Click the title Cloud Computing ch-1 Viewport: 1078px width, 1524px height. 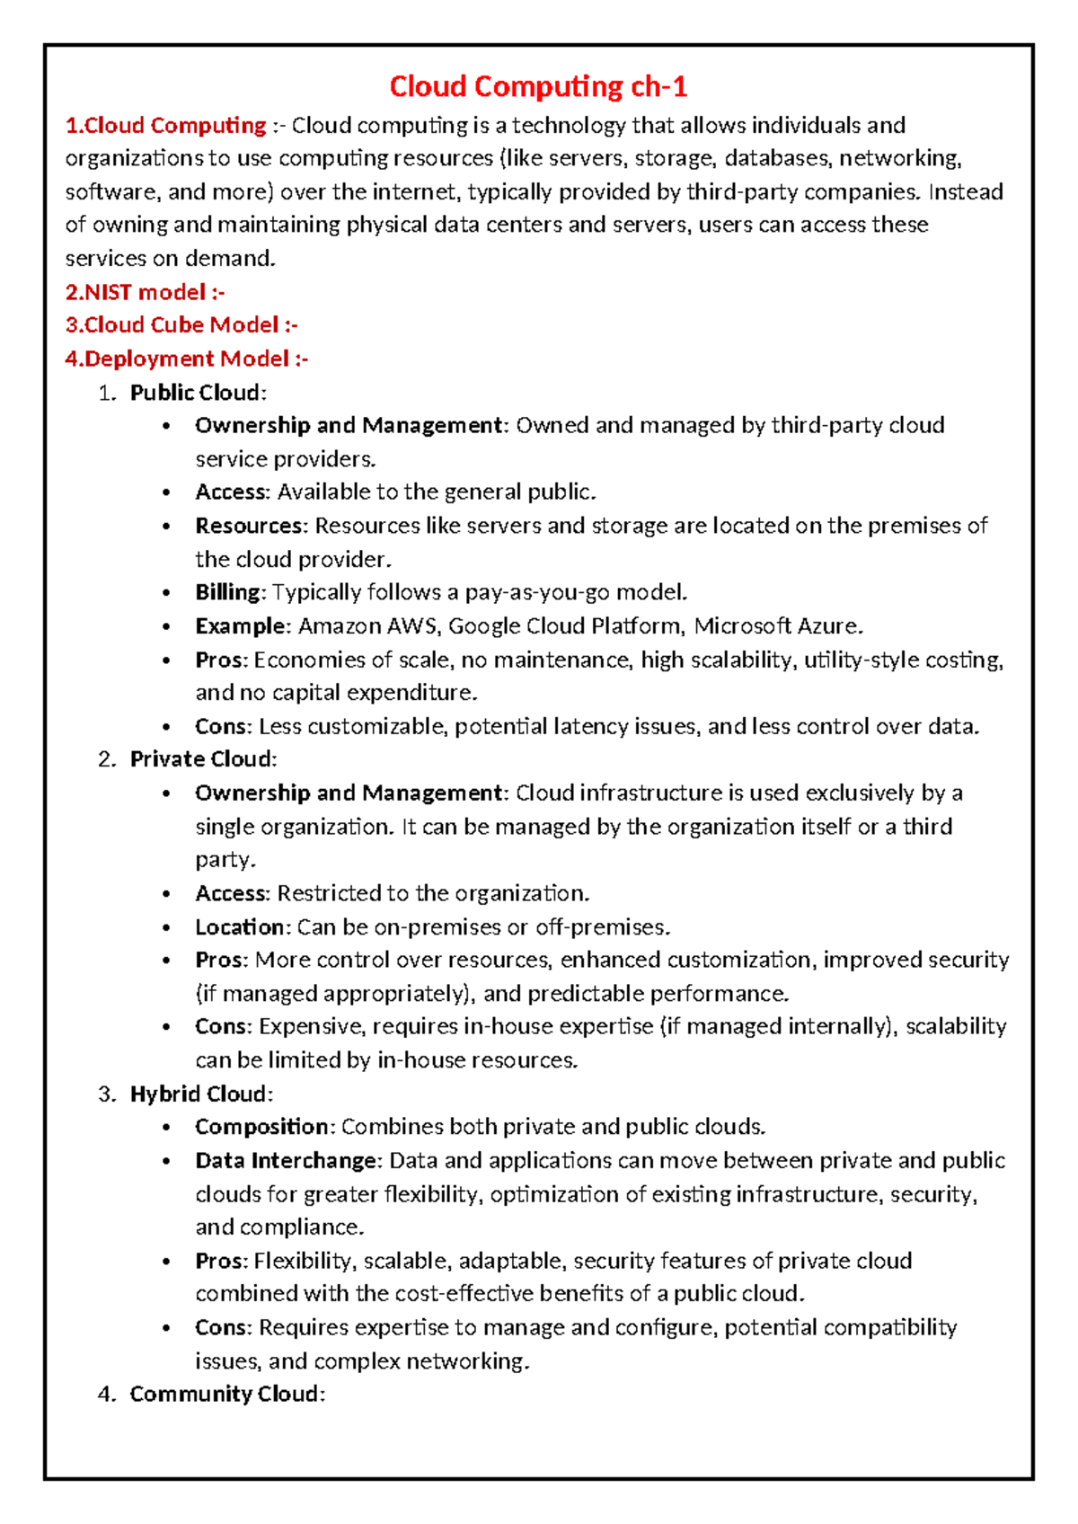pos(538,86)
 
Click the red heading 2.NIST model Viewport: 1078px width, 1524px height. pos(144,292)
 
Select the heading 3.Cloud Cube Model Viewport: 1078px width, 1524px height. pos(180,325)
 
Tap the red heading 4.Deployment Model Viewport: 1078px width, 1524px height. pos(185,359)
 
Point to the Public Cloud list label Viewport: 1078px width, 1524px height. pos(197,393)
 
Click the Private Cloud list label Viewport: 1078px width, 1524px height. pos(202,759)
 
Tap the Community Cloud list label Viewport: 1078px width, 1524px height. pos(225,1394)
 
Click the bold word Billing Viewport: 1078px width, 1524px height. pos(228,592)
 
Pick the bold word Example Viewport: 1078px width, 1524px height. pos(240,626)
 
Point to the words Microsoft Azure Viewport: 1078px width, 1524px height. pos(777,626)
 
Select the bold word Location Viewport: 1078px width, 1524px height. pos(240,926)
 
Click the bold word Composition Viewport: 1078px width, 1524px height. pos(262,1127)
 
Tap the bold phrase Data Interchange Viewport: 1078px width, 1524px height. pos(286,1160)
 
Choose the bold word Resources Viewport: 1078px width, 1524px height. pos(250,526)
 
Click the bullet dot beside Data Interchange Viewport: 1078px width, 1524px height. pos(167,1161)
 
